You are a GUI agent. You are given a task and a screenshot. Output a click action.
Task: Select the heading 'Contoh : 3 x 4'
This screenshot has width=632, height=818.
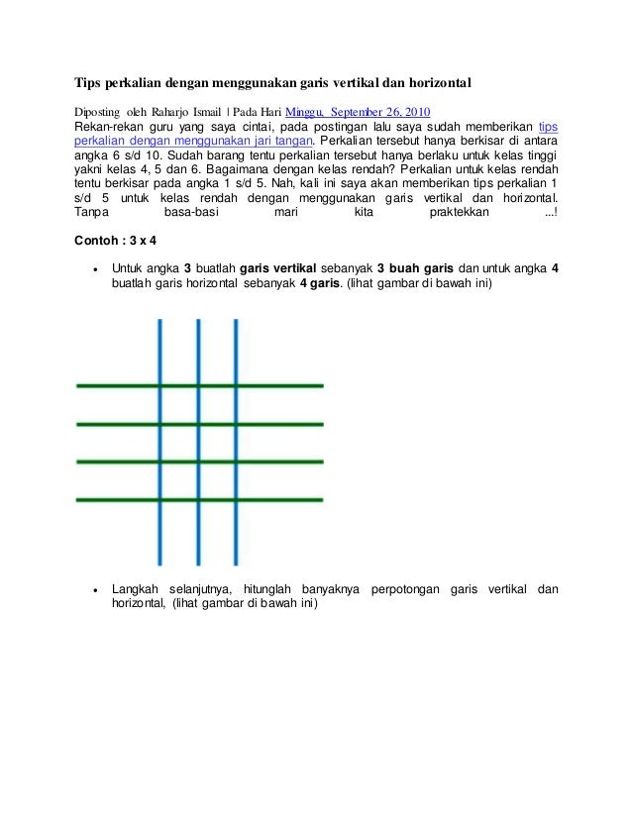(x=116, y=241)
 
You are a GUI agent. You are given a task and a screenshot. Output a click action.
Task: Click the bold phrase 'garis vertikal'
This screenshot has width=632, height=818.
(x=282, y=267)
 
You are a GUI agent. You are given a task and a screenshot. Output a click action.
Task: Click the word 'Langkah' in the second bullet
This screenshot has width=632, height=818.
(x=136, y=589)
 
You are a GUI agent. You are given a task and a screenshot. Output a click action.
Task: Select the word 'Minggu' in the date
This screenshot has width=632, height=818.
(x=306, y=110)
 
